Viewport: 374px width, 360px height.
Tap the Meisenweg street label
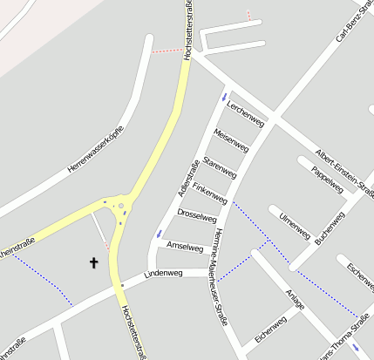(232, 138)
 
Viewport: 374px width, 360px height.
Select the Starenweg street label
(220, 166)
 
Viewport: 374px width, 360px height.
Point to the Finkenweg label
(210, 193)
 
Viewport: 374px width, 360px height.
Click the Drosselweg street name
(196, 214)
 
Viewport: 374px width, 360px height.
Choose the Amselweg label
(184, 246)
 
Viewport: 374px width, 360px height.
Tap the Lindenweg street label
(163, 274)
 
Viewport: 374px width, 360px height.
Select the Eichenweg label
(270, 330)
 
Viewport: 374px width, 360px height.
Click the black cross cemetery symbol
(94, 262)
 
